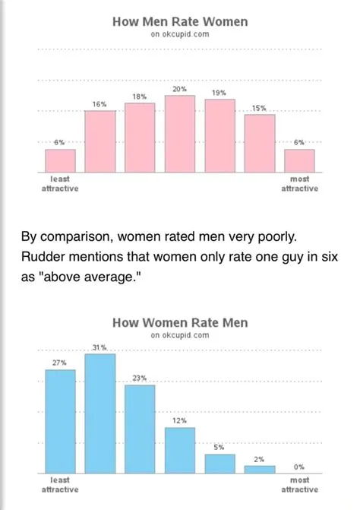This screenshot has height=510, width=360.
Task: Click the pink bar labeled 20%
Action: (x=180, y=133)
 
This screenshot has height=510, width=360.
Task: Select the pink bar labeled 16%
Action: (x=99, y=141)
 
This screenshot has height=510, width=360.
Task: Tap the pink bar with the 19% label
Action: (x=219, y=135)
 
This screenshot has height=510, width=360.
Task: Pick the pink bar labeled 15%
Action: (x=260, y=142)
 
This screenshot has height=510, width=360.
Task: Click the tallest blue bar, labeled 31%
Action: (x=99, y=413)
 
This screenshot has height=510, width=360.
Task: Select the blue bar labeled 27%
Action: (x=60, y=421)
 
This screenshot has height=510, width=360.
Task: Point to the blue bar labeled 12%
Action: (x=180, y=450)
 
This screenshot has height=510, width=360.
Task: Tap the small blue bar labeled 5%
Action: (x=219, y=464)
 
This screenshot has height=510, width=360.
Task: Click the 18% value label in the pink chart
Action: (x=140, y=97)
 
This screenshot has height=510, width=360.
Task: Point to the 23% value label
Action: (x=140, y=378)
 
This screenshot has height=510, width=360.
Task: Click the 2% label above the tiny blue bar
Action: (x=259, y=459)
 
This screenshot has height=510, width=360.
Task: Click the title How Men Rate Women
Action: (x=180, y=22)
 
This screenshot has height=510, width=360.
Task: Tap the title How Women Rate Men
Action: (x=180, y=322)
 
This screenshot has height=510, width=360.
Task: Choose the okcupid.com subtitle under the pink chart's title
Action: (x=180, y=35)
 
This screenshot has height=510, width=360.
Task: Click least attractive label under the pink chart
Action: (x=59, y=183)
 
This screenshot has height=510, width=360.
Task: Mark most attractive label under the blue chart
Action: (x=299, y=485)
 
